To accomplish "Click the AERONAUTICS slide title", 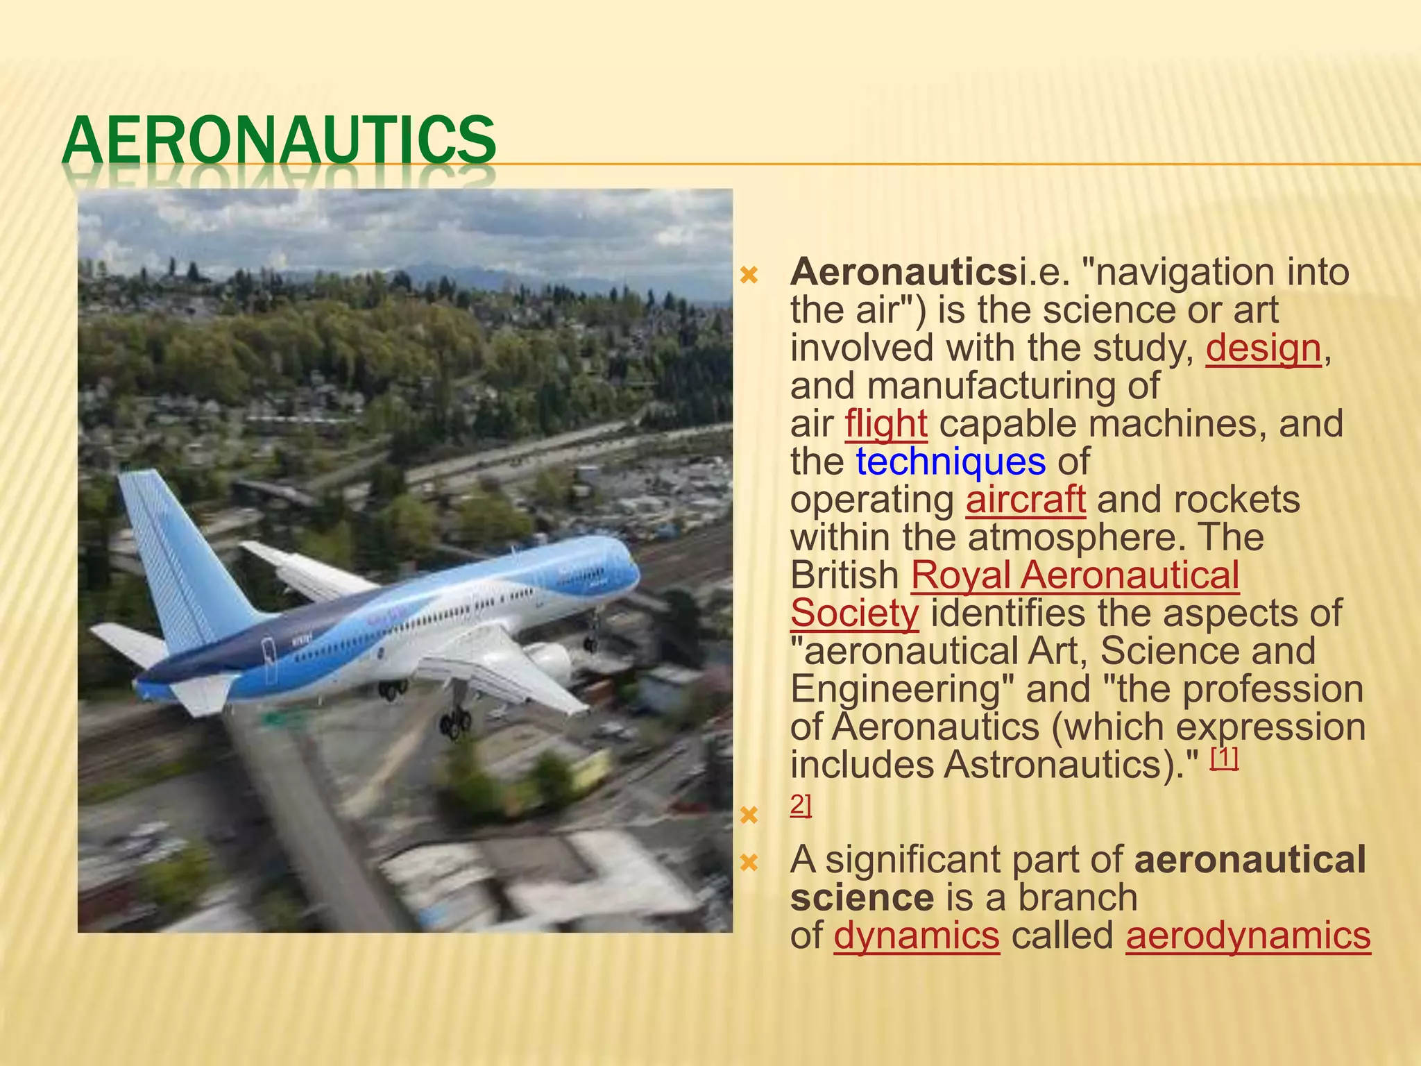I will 279,140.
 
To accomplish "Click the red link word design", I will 1263,348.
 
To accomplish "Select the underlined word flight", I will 886,424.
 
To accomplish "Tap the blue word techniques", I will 950,462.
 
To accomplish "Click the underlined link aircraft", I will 1026,500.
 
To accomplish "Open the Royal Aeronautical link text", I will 1075,575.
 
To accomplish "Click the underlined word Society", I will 854,614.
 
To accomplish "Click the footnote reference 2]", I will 801,805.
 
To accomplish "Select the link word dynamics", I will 917,936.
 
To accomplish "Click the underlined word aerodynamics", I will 1248,936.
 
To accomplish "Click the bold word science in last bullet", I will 862,897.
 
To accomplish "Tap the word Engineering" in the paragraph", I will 902,689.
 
